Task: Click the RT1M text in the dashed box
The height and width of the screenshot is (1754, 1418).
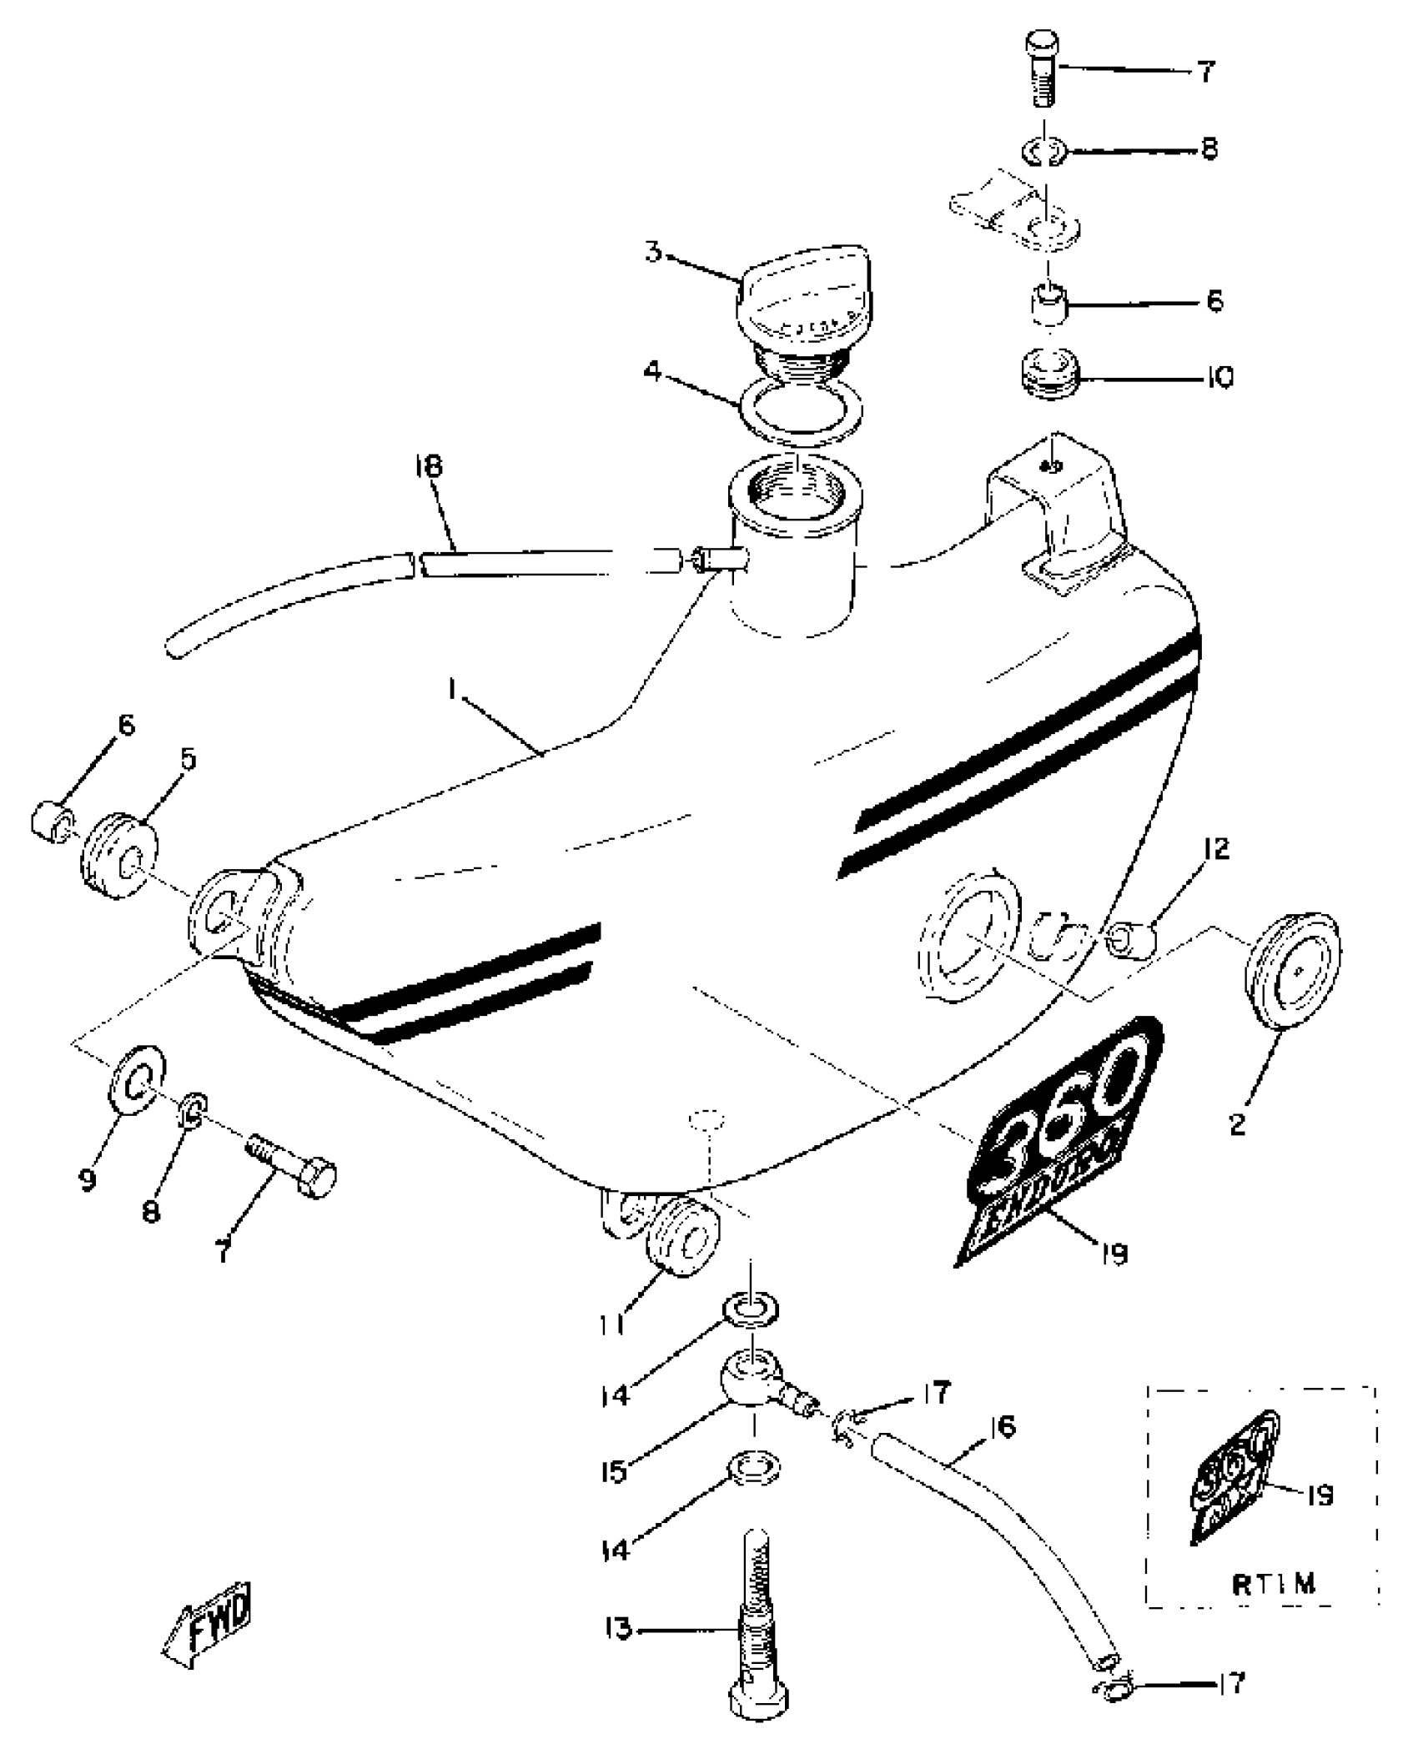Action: click(x=1274, y=1585)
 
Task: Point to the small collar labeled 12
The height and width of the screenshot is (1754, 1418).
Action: click(x=1131, y=941)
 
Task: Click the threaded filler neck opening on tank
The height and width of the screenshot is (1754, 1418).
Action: click(x=796, y=492)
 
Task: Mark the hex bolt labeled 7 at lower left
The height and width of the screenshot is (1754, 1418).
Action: click(x=293, y=1161)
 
